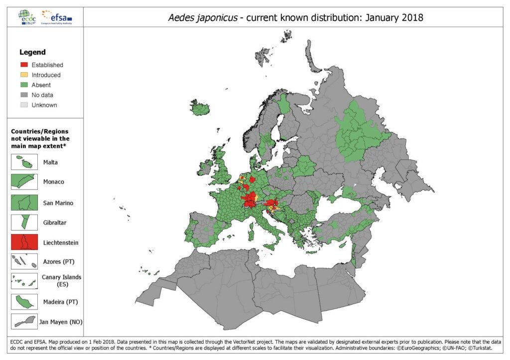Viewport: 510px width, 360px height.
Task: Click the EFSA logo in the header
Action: [x=57, y=16]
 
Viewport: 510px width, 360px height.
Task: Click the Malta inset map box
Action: [x=24, y=162]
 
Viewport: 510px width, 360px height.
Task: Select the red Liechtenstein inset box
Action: [x=24, y=242]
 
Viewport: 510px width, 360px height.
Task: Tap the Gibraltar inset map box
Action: [x=24, y=222]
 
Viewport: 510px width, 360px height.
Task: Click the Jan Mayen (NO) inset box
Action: [x=24, y=322]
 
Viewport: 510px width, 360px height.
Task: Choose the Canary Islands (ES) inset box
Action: [x=24, y=281]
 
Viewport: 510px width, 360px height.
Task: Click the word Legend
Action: [x=32, y=52]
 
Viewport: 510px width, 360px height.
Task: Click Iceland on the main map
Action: [x=200, y=108]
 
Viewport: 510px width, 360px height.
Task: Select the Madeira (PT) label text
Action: [x=60, y=302]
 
